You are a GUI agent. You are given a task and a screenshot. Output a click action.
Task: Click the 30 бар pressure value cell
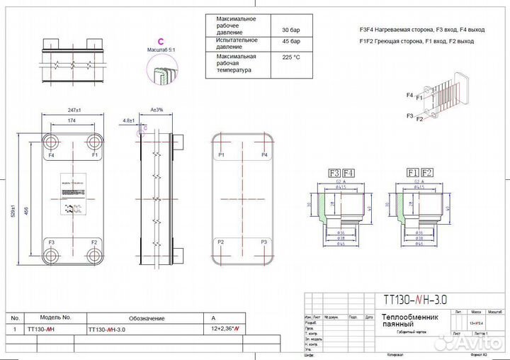290,30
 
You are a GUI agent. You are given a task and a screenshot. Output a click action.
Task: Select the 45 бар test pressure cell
290,42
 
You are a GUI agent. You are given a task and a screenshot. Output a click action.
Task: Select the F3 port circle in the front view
51,254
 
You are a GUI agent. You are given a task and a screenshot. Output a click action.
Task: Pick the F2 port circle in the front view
93,254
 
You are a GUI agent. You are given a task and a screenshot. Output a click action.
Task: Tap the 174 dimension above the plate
72,121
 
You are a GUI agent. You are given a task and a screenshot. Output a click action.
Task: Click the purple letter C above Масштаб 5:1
161,40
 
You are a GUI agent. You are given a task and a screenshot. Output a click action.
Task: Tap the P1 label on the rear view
222,154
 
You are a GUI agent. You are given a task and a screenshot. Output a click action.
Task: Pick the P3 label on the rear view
263,242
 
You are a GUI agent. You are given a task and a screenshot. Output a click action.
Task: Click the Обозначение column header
147,318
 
